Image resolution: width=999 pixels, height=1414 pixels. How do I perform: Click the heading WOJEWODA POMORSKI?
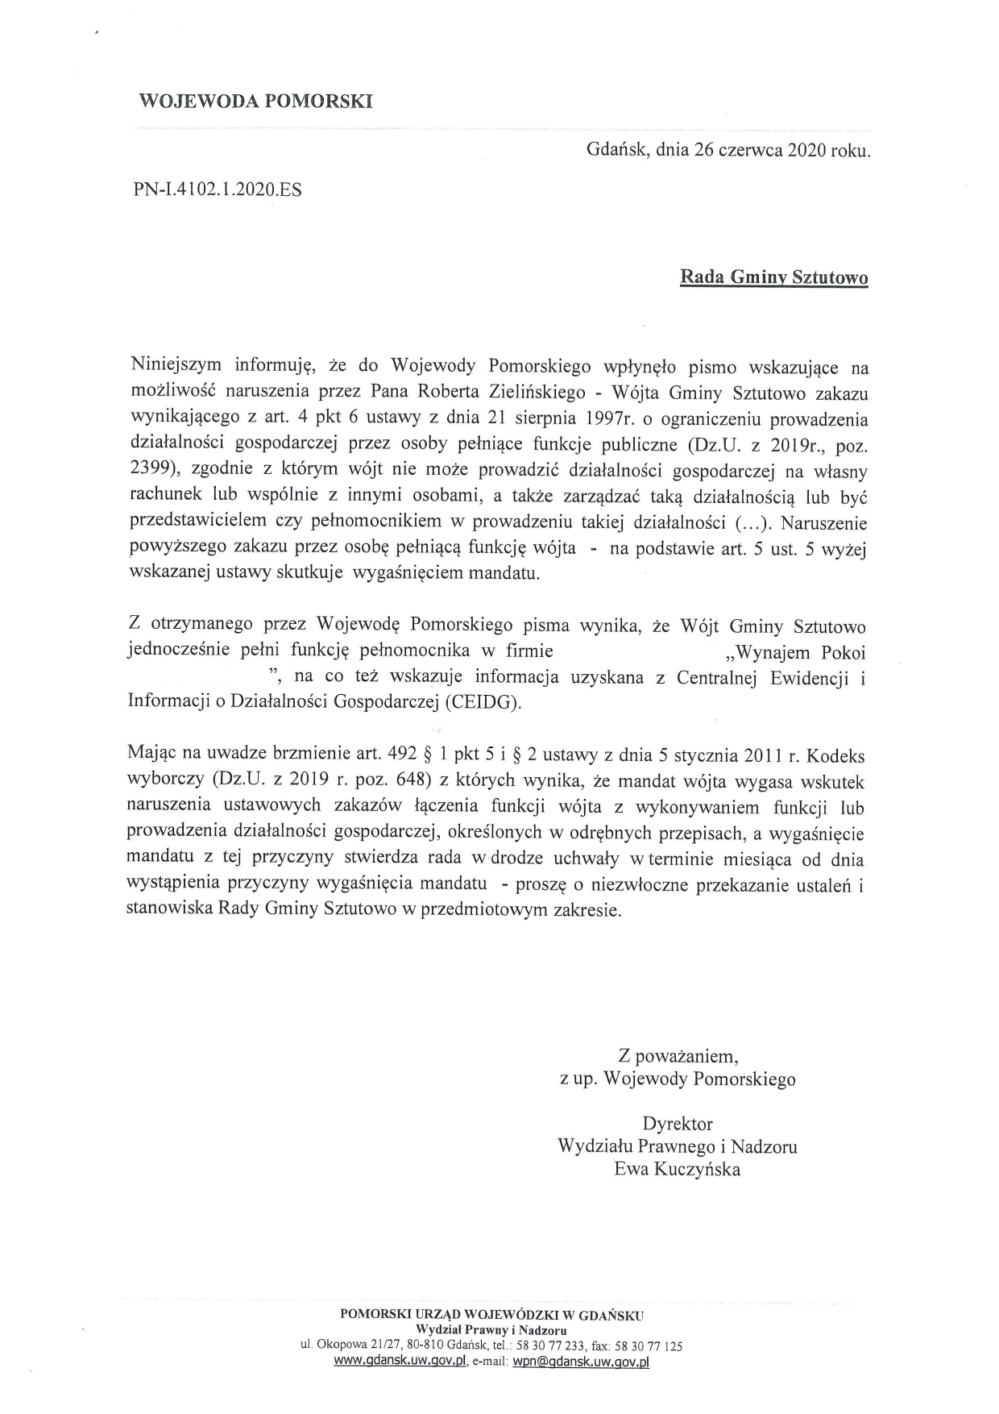click(255, 102)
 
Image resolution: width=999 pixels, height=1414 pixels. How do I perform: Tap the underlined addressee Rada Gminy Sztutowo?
click(774, 278)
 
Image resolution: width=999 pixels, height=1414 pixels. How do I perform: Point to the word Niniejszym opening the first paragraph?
click(176, 366)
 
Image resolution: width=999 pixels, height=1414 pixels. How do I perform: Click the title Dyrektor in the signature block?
click(678, 1123)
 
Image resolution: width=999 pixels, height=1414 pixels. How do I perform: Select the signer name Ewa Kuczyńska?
click(678, 1169)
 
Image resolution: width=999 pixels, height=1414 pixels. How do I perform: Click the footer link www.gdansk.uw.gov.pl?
click(400, 1362)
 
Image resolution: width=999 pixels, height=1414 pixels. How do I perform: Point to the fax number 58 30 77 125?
click(649, 1345)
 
